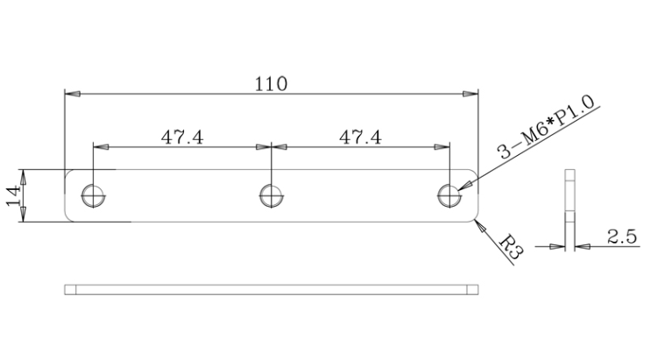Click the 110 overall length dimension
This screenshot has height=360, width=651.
271,84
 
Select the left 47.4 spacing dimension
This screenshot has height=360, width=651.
182,137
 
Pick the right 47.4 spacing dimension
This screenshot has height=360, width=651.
360,137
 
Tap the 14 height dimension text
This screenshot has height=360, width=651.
13,195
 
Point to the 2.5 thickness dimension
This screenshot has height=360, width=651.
622,236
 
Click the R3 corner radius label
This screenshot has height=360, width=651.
511,248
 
